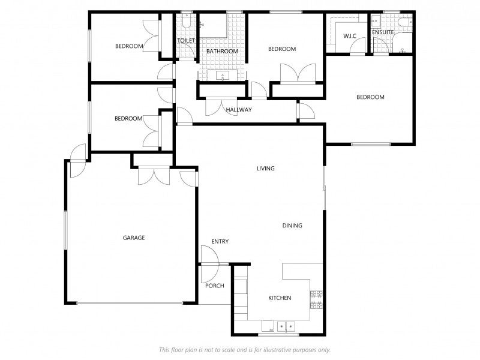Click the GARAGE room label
[x=134, y=238]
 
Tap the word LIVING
[x=265, y=169]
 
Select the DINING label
[x=292, y=226]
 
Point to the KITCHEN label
[x=280, y=298]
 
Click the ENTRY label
[x=220, y=242]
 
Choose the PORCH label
[x=215, y=286]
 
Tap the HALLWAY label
[x=239, y=110]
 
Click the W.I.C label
[x=350, y=36]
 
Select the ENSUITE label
[x=383, y=32]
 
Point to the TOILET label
[x=186, y=40]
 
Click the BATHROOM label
[x=222, y=51]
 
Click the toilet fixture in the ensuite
[x=406, y=22]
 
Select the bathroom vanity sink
[x=223, y=76]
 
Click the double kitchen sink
[x=286, y=326]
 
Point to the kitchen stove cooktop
[x=317, y=299]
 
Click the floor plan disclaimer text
[x=245, y=350]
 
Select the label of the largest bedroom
[x=370, y=97]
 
